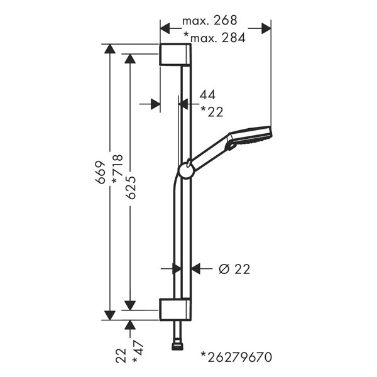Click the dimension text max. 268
point(210,21)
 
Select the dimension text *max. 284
point(214,38)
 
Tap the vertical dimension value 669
point(101,172)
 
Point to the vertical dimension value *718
point(117,169)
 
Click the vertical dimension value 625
point(131,187)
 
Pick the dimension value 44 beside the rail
point(207,94)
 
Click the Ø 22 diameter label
point(234,269)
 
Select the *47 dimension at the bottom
point(138,352)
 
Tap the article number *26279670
point(237,358)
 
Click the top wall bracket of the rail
point(175,55)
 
